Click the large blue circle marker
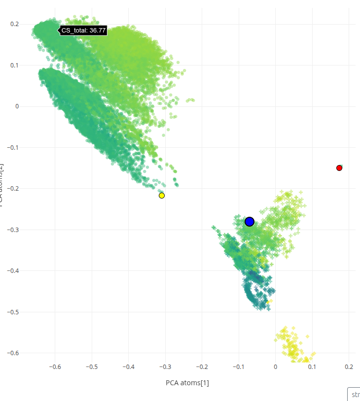coord(250,222)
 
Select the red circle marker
coord(339,168)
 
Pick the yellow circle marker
coord(162,196)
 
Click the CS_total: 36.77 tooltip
coord(83,31)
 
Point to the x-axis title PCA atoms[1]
coord(187,383)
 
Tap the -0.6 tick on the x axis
coord(55,367)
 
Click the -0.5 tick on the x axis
coord(92,367)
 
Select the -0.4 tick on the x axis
coord(129,367)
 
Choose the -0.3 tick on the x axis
coord(165,367)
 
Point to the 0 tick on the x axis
coord(276,367)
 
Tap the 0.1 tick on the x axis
coord(312,367)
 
